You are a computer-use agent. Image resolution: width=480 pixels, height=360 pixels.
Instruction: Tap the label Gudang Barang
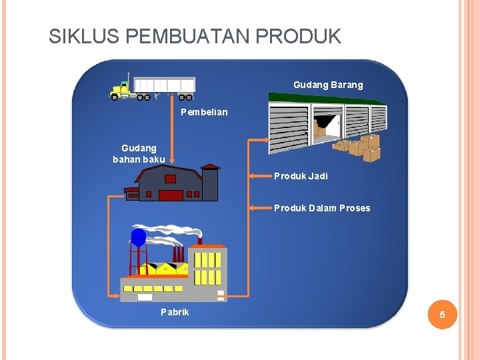coord(328,85)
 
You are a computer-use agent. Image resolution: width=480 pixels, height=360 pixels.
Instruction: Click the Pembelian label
coord(204,112)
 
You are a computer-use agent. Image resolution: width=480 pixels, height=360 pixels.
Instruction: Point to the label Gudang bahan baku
coord(139,153)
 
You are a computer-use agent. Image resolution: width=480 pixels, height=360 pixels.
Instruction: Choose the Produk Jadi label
coord(301,176)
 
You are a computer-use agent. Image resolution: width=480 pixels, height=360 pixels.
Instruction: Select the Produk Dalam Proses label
coord(321,208)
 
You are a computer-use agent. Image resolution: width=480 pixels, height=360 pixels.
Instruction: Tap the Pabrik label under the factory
coord(175,312)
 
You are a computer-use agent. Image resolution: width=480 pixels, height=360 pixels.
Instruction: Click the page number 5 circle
coord(441,314)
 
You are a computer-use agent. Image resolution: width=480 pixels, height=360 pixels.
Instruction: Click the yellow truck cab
coord(121,89)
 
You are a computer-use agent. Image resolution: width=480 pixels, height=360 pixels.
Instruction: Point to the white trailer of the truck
coord(164,85)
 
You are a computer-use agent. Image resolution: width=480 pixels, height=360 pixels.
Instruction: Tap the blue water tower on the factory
coord(139,238)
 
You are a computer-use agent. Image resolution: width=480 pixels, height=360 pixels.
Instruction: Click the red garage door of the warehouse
coord(171,195)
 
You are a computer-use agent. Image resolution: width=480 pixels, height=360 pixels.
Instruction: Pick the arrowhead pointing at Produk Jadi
coord(252,177)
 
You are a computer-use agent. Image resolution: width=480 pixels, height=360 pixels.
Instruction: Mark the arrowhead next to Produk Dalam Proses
coord(252,208)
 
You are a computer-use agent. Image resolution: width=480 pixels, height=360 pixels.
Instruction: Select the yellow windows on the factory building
coord(207,267)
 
